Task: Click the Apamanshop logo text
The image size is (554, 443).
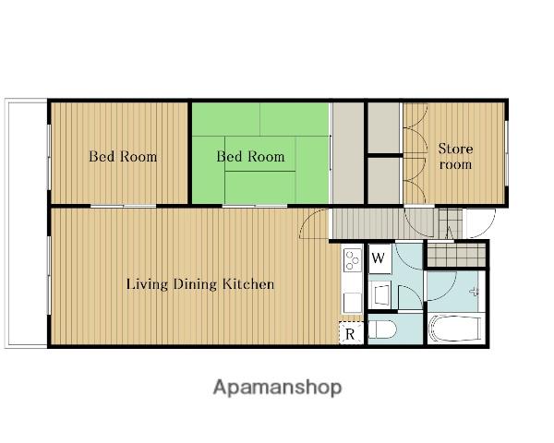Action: (277, 388)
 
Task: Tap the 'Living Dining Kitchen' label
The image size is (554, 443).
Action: (200, 284)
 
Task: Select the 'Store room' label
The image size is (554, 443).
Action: (455, 156)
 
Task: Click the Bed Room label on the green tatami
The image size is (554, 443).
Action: (250, 157)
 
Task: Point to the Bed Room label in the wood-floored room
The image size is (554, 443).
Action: (123, 157)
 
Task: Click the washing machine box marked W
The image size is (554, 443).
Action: (379, 258)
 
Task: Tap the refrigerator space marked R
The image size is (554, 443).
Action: (351, 333)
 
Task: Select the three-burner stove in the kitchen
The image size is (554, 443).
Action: (353, 259)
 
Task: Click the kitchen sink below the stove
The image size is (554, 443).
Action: (353, 303)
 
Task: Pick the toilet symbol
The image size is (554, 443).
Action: (382, 329)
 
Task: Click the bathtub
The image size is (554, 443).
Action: (454, 329)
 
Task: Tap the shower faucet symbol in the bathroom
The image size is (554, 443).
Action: (475, 292)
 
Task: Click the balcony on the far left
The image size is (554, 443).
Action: (27, 223)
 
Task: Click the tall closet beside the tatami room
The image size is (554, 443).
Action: (348, 153)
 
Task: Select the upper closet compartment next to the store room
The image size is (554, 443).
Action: (384, 128)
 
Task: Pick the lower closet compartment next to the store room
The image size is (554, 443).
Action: (384, 181)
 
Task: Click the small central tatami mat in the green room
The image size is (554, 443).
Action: (260, 154)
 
